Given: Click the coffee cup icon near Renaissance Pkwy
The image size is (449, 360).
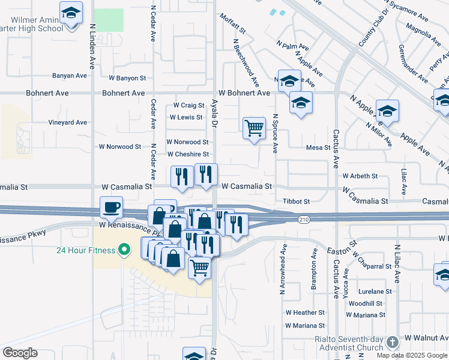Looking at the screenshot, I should [x=112, y=208].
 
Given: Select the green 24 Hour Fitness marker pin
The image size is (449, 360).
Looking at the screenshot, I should [x=124, y=250].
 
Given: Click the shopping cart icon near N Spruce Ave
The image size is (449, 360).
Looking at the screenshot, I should [x=254, y=128].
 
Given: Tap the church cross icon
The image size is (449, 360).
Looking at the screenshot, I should [x=393, y=342].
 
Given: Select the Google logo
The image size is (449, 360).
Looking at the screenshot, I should [x=20, y=353].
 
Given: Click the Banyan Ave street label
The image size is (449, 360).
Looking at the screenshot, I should [x=70, y=76].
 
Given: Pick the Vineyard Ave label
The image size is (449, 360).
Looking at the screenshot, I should [x=67, y=122].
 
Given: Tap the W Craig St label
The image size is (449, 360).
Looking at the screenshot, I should [x=189, y=106].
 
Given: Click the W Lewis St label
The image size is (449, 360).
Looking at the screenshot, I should [x=186, y=118].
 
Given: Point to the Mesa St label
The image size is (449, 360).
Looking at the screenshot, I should [x=318, y=147].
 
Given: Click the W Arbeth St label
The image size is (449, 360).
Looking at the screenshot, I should [x=360, y=176].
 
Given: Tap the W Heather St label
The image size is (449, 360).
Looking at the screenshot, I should [x=305, y=313].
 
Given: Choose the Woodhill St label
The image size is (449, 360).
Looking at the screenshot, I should [x=365, y=304].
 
